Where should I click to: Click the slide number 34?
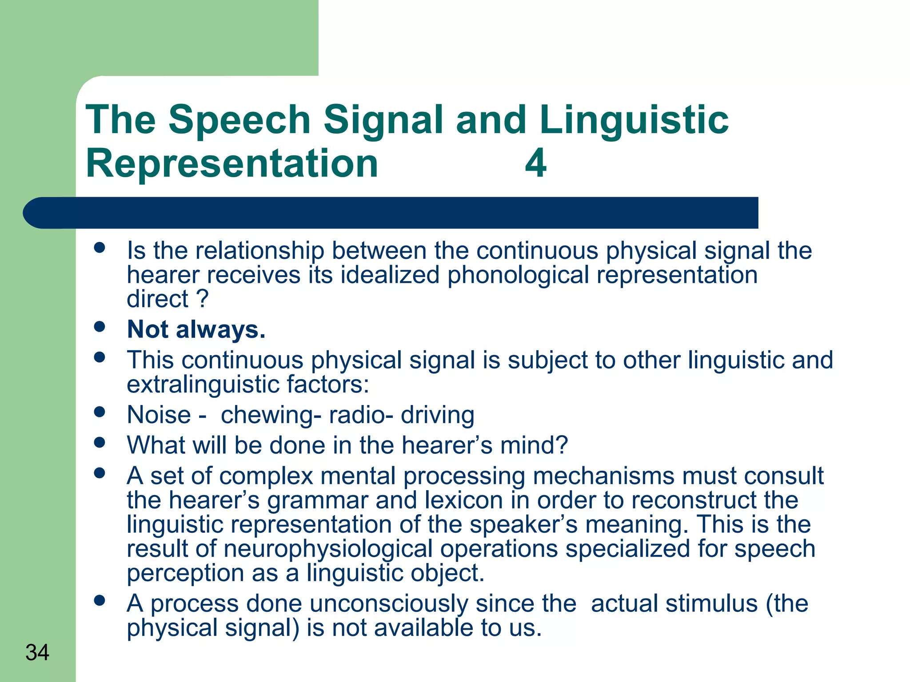click(x=37, y=653)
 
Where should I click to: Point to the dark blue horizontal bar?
click(x=391, y=213)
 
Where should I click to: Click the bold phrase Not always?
click(x=196, y=330)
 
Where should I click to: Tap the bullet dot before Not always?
click(x=100, y=327)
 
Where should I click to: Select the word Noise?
click(x=159, y=415)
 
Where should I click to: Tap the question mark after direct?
click(x=202, y=299)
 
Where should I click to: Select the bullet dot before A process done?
click(x=100, y=601)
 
